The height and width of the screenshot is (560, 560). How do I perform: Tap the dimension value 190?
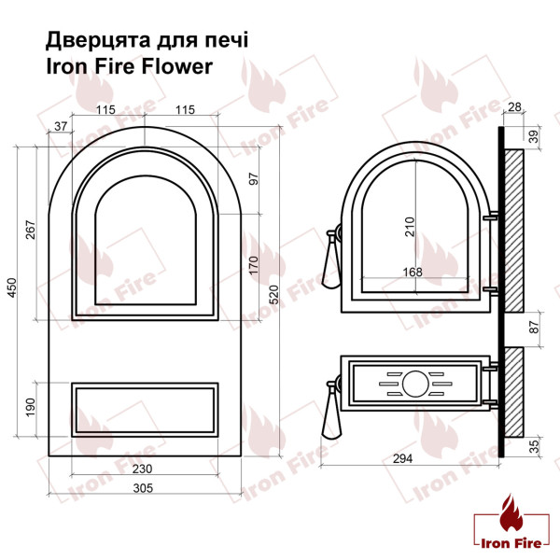pos(30,408)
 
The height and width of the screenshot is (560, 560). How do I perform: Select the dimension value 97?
pos(254,177)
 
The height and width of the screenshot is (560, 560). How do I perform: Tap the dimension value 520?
pos(273,296)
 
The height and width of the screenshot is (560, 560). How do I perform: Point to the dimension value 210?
pos(409,227)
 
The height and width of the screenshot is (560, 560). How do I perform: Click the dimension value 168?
pos(412,273)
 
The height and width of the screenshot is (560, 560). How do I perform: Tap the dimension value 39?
pos(535,136)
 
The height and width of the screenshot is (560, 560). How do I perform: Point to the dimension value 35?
pos(534,446)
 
